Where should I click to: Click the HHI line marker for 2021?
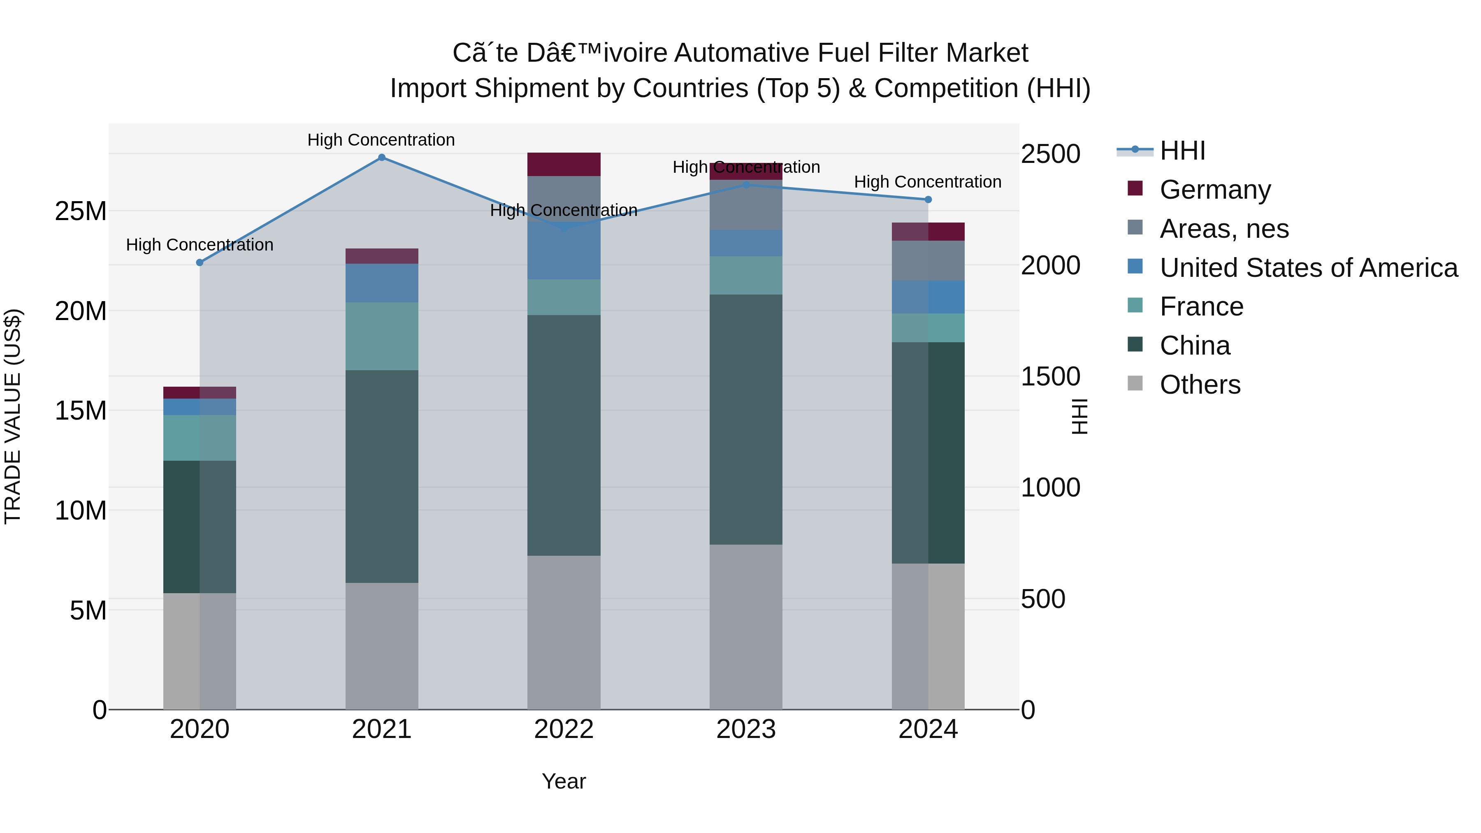click(x=382, y=158)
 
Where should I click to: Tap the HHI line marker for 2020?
click(x=200, y=263)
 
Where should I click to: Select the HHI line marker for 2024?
click(x=928, y=200)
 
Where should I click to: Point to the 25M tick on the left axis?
click(x=81, y=211)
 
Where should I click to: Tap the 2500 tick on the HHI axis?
click(x=1050, y=154)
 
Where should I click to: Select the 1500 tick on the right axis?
click(x=1050, y=376)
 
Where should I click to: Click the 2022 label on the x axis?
click(x=564, y=729)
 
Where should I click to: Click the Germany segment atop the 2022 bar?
click(x=564, y=165)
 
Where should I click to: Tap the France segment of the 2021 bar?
click(x=382, y=336)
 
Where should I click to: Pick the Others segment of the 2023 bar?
click(x=746, y=626)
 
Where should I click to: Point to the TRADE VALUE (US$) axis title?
click(x=13, y=416)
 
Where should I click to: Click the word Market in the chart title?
click(x=987, y=53)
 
